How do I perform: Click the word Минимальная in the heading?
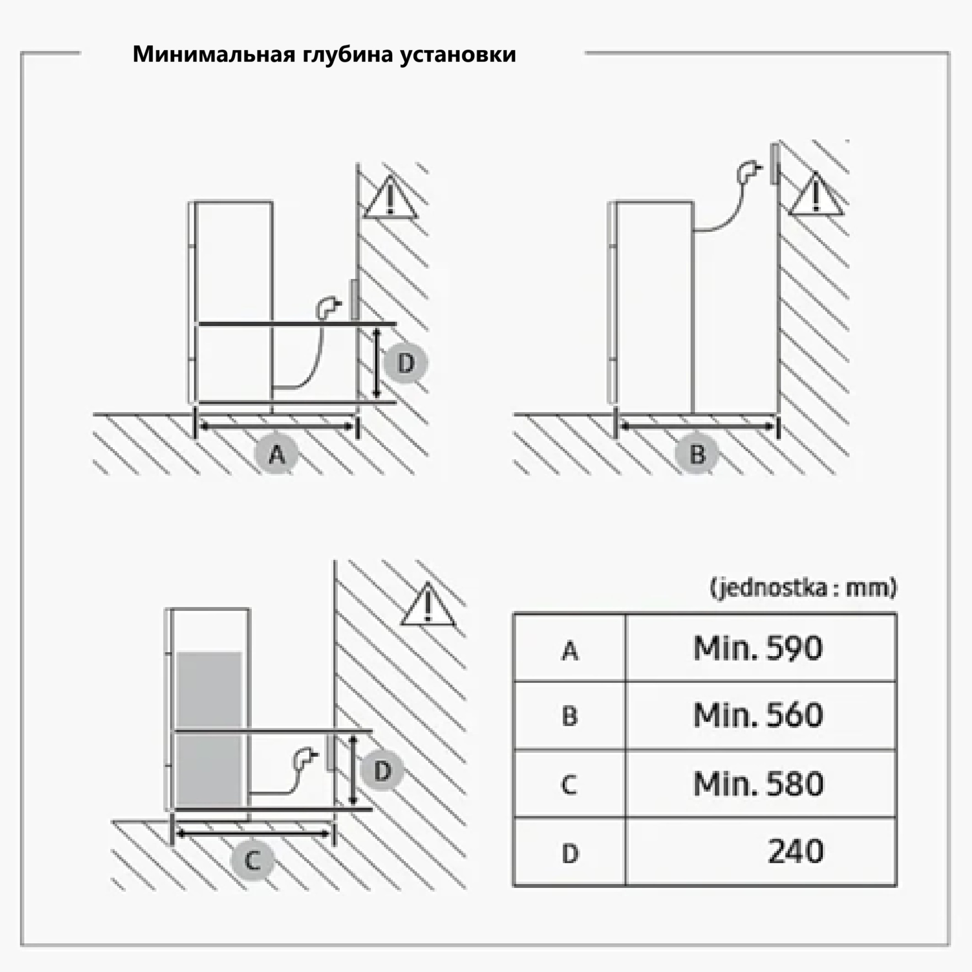[x=214, y=54]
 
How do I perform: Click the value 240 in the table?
[x=796, y=851]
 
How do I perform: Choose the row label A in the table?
[x=570, y=651]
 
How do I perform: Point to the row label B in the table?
[x=570, y=716]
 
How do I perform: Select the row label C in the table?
[x=569, y=784]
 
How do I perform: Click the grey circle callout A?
[x=277, y=454]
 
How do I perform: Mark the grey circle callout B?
[x=697, y=454]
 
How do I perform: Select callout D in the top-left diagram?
[x=405, y=363]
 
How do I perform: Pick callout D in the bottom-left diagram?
[x=382, y=771]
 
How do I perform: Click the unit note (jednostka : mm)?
[x=803, y=588]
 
